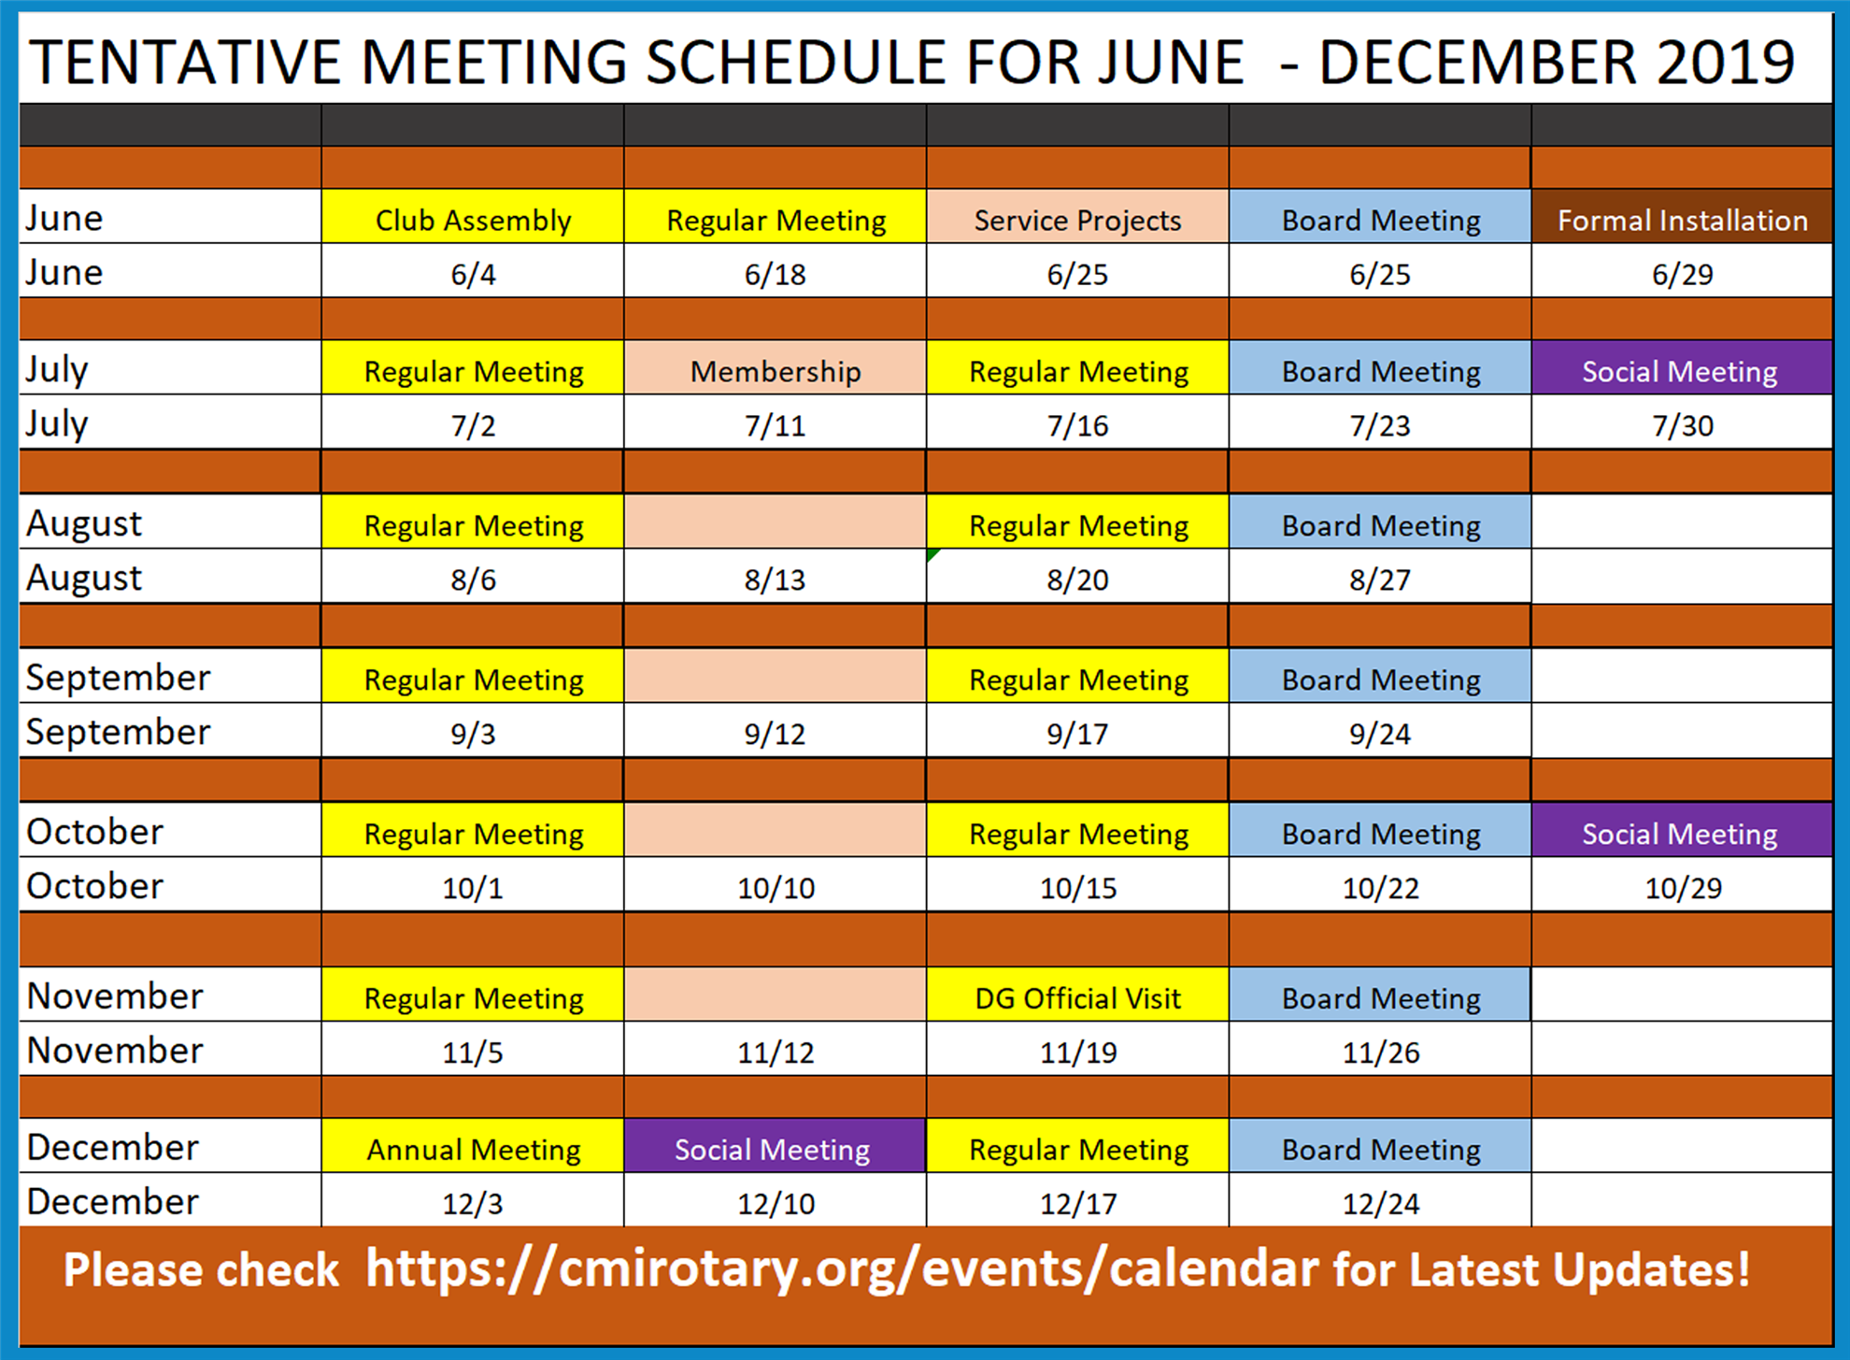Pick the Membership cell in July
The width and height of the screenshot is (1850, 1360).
point(776,368)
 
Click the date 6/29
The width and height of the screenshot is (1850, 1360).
point(1682,275)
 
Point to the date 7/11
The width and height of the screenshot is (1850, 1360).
point(776,426)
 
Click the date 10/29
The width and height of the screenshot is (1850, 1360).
point(1683,888)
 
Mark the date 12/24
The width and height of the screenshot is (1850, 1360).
point(1380,1204)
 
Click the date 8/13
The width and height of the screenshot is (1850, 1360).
point(776,580)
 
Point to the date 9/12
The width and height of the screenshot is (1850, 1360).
point(776,735)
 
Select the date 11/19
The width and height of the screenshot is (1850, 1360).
point(1078,1052)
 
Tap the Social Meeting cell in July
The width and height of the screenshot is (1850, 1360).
point(1682,368)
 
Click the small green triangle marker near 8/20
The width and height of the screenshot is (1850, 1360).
point(932,555)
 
